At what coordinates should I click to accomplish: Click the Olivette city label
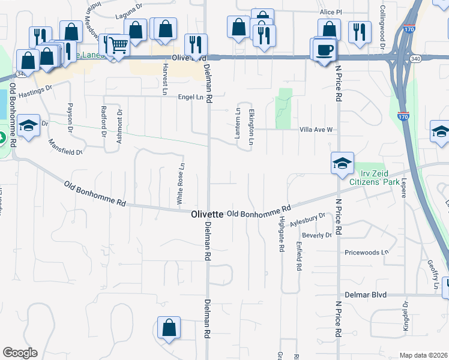coord(207,214)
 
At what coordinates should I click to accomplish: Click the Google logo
coord(20,353)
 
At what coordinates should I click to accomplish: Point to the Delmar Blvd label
coord(366,295)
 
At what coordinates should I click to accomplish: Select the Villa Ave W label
coord(316,129)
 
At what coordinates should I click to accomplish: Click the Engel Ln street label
coord(191,97)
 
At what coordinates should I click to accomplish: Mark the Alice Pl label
coord(331,12)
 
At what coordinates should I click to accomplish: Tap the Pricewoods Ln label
coord(367,253)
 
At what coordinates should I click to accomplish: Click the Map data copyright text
coord(423,355)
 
